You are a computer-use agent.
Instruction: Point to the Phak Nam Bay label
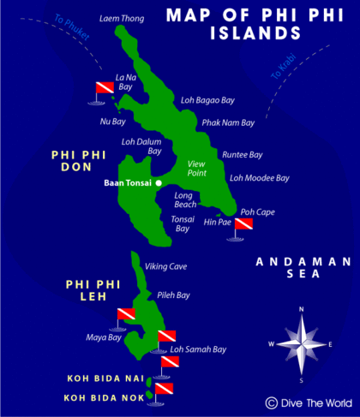point(228,122)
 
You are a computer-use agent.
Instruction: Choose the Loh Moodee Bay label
point(260,178)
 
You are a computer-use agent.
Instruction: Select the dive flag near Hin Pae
point(243,225)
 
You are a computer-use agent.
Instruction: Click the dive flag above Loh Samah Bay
point(166,336)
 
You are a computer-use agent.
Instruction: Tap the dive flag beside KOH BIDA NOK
point(164,390)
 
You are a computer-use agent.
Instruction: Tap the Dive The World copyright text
point(309,402)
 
